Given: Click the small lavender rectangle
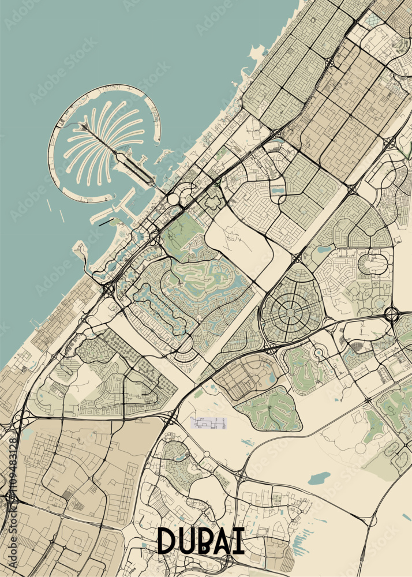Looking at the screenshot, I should coord(208,423).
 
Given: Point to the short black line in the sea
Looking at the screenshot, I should coord(106,222).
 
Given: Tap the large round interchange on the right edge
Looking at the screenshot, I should coord(392,315).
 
